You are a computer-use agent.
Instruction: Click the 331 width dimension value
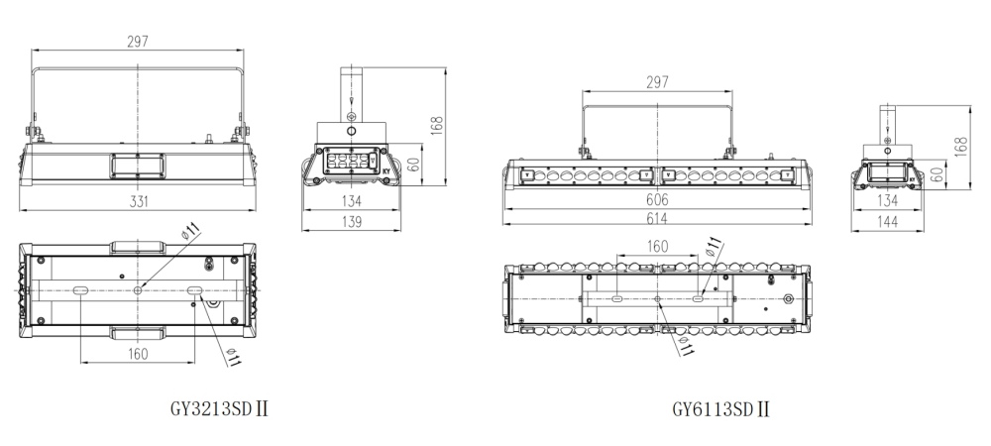[x=139, y=201]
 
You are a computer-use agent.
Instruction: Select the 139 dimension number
[x=352, y=222]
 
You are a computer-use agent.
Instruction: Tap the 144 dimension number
[x=888, y=221]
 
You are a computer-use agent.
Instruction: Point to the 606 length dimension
[x=657, y=200]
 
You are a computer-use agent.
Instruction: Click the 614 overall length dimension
[x=657, y=218]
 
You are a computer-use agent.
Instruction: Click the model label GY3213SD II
[x=219, y=408]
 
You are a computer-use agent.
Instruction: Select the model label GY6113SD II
[x=721, y=409]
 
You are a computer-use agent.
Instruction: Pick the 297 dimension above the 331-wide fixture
[x=138, y=42]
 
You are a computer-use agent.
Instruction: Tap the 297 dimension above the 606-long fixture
[x=657, y=82]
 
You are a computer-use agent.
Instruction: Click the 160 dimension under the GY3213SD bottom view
[x=138, y=354]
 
